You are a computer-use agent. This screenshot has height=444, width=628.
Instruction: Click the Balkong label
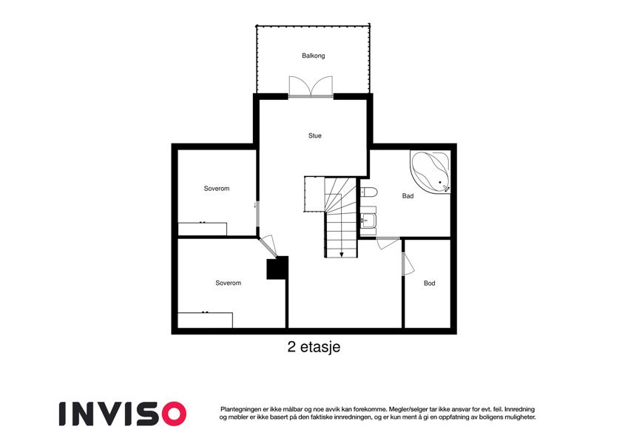[313, 55]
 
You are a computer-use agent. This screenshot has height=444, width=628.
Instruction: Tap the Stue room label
[315, 136]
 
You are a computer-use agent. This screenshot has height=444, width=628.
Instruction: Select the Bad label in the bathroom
[408, 196]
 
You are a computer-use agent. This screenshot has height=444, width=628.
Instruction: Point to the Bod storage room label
[429, 283]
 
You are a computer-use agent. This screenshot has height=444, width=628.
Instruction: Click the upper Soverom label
[217, 189]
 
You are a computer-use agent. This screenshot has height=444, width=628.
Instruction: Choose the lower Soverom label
[229, 283]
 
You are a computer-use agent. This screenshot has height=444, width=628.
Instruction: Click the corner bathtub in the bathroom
[431, 172]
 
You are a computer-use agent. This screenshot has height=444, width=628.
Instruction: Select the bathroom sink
[368, 221]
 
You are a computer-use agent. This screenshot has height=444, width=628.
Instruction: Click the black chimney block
[277, 268]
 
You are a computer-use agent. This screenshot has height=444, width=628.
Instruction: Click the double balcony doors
[311, 87]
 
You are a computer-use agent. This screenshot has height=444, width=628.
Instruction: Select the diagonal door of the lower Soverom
[268, 246]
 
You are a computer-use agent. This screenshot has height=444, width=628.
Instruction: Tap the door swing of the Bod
[408, 264]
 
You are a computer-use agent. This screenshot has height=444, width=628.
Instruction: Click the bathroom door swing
[388, 243]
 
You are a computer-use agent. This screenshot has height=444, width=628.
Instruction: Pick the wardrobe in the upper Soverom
[202, 229]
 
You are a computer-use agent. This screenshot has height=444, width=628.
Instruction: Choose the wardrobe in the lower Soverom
[205, 320]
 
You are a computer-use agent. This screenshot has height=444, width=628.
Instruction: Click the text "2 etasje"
[314, 347]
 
